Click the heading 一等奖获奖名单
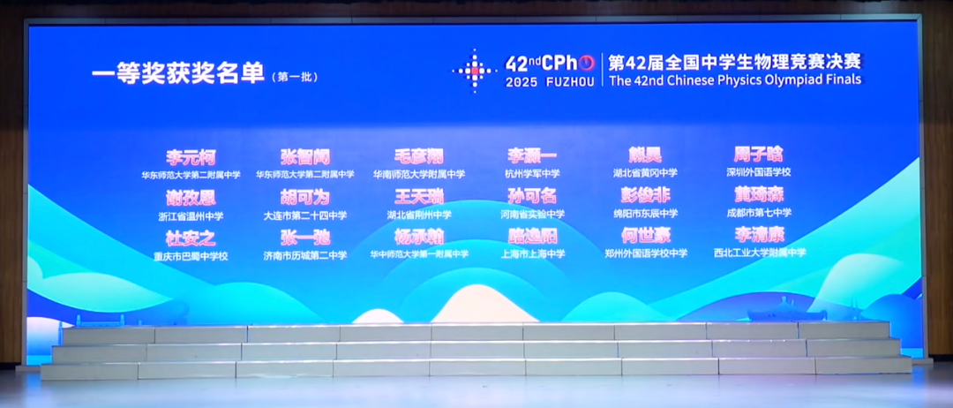[178, 74]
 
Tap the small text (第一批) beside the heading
[294, 77]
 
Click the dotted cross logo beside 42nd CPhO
[475, 70]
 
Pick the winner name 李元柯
[191, 157]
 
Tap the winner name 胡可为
[304, 197]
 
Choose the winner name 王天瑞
[419, 196]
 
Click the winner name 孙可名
[532, 196]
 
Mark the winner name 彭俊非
[646, 196]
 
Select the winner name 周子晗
[759, 155]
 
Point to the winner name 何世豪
[646, 236]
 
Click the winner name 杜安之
[191, 238]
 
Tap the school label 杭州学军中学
[532, 174]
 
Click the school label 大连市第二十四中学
[304, 215]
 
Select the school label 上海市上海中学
[532, 254]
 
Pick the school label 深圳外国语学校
[759, 172]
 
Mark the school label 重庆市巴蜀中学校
[191, 256]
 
